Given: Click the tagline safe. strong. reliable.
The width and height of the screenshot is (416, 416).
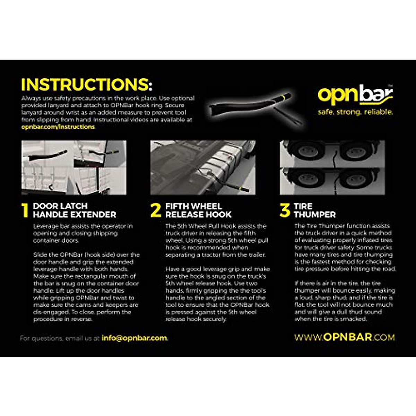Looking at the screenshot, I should point(355,112).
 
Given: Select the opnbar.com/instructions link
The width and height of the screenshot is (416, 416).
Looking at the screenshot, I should point(58,127).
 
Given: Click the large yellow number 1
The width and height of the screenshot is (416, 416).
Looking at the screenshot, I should point(25,210).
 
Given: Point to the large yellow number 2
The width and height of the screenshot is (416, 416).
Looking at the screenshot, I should point(156,210).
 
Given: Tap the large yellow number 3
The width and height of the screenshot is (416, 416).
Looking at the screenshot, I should point(285,210).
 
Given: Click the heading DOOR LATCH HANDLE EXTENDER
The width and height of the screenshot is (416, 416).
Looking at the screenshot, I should point(74,210).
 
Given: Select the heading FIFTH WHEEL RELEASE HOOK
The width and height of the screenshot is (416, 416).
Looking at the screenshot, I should point(198,210).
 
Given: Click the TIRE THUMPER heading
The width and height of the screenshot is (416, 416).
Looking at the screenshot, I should point(314,210).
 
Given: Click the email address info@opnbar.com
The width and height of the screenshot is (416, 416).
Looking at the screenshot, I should point(134,338).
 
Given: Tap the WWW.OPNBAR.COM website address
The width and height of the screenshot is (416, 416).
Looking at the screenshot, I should point(344,337).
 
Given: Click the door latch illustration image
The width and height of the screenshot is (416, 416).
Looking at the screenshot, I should point(74,167).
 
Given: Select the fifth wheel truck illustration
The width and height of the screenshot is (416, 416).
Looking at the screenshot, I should point(203,167).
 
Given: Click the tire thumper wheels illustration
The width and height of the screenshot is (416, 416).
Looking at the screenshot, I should point(332,167).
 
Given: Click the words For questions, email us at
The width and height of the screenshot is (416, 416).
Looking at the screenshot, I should point(60,338).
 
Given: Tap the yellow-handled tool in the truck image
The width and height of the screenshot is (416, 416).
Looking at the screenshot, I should point(239,190).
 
